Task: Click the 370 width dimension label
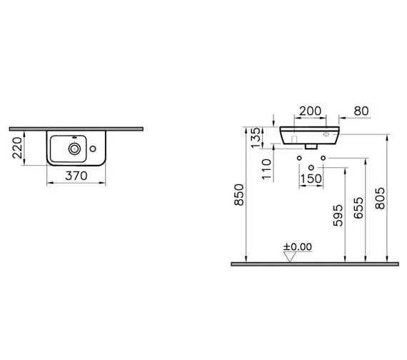click(76, 176)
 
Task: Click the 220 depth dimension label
click(17, 148)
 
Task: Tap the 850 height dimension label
click(239, 195)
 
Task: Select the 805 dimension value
click(381, 199)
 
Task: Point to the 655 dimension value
click(358, 208)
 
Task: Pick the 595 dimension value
click(338, 216)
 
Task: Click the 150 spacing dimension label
click(311, 179)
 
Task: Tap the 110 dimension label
click(266, 169)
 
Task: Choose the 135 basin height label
click(256, 137)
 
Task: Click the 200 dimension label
click(310, 111)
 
